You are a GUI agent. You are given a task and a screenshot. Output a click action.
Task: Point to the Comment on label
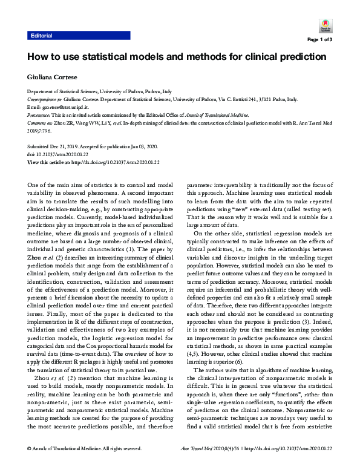pos(41,121)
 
